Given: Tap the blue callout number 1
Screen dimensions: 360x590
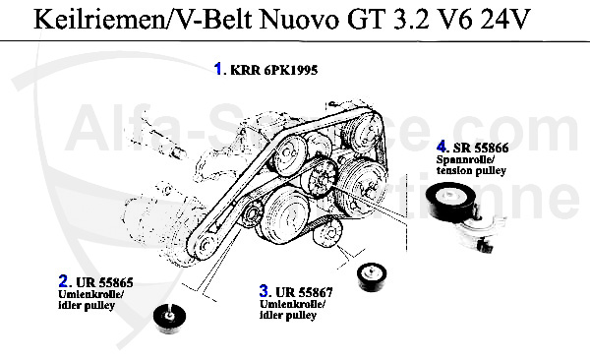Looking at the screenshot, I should (x=218, y=69).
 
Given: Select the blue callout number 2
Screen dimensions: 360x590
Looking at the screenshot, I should (x=63, y=281).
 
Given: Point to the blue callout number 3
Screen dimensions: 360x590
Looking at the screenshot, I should (x=264, y=290).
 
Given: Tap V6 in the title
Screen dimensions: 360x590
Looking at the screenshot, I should (x=455, y=20).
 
